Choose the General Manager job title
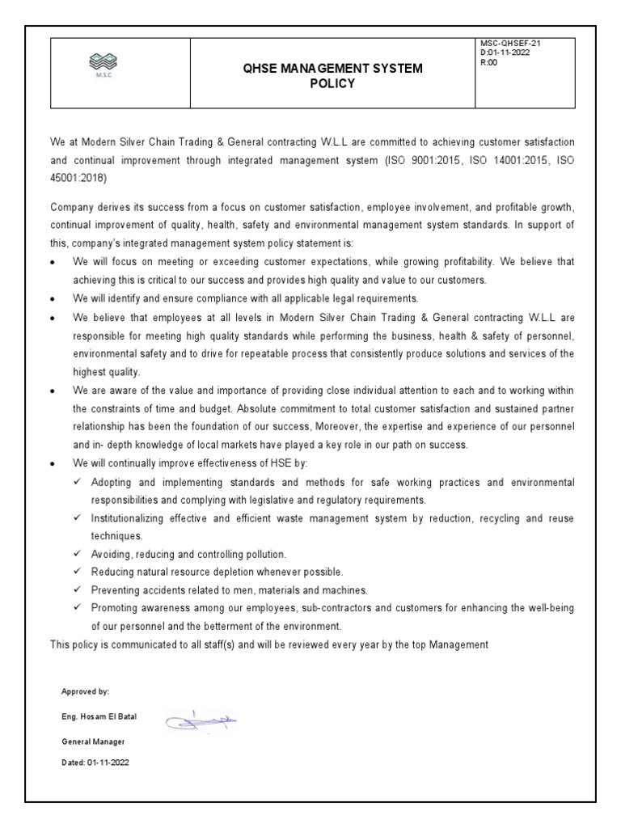pos(93,741)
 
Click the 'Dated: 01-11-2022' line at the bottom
pos(95,762)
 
